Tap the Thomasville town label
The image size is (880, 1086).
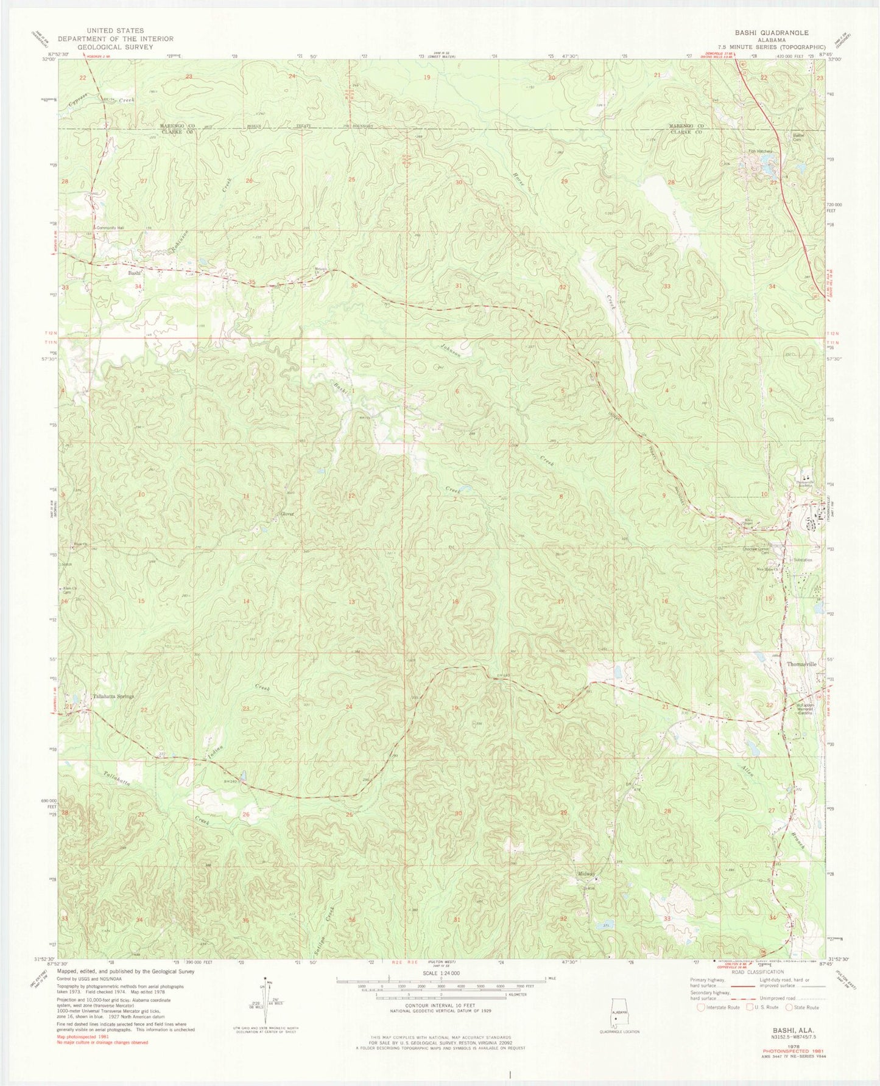[x=801, y=664]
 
